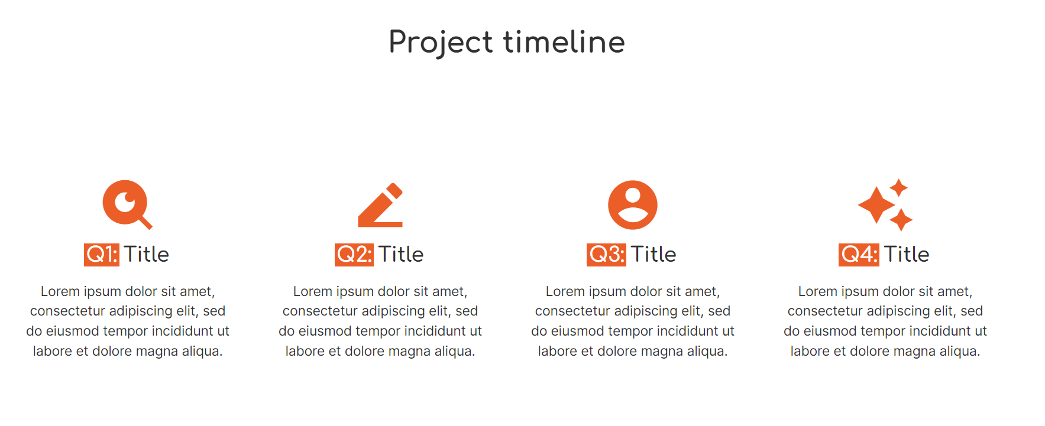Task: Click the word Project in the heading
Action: click(x=441, y=43)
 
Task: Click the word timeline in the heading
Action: click(x=564, y=42)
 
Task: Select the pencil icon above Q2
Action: click(x=380, y=205)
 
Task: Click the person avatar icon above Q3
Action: click(x=633, y=205)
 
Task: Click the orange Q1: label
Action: click(x=102, y=255)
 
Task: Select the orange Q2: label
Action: click(x=354, y=255)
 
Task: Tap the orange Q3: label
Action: click(x=606, y=255)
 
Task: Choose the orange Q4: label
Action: click(x=859, y=255)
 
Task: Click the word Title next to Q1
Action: click(x=147, y=255)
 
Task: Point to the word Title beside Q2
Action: click(x=401, y=255)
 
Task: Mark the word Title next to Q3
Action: click(x=653, y=255)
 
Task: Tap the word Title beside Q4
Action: click(x=907, y=255)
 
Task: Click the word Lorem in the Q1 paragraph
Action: click(x=60, y=291)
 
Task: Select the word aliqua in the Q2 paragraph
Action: click(x=452, y=351)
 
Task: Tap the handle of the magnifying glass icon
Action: click(x=145, y=222)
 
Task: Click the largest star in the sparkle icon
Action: click(x=876, y=205)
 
